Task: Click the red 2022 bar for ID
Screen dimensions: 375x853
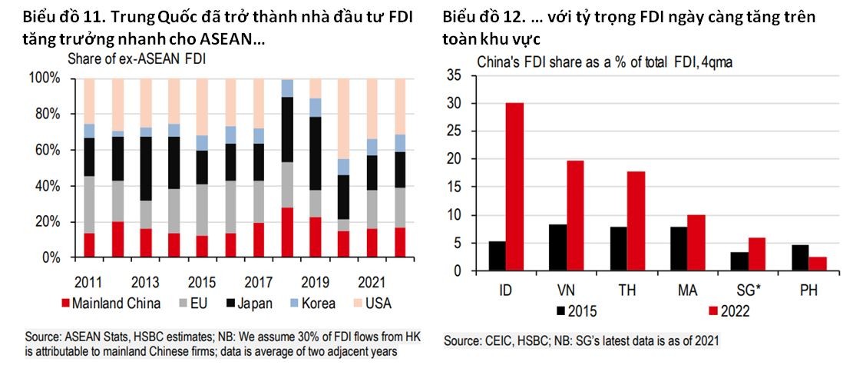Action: tap(514, 187)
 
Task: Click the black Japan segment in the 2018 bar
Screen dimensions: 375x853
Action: tap(287, 130)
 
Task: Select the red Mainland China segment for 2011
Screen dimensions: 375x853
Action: tap(89, 245)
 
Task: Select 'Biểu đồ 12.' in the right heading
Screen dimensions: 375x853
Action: tap(480, 16)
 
